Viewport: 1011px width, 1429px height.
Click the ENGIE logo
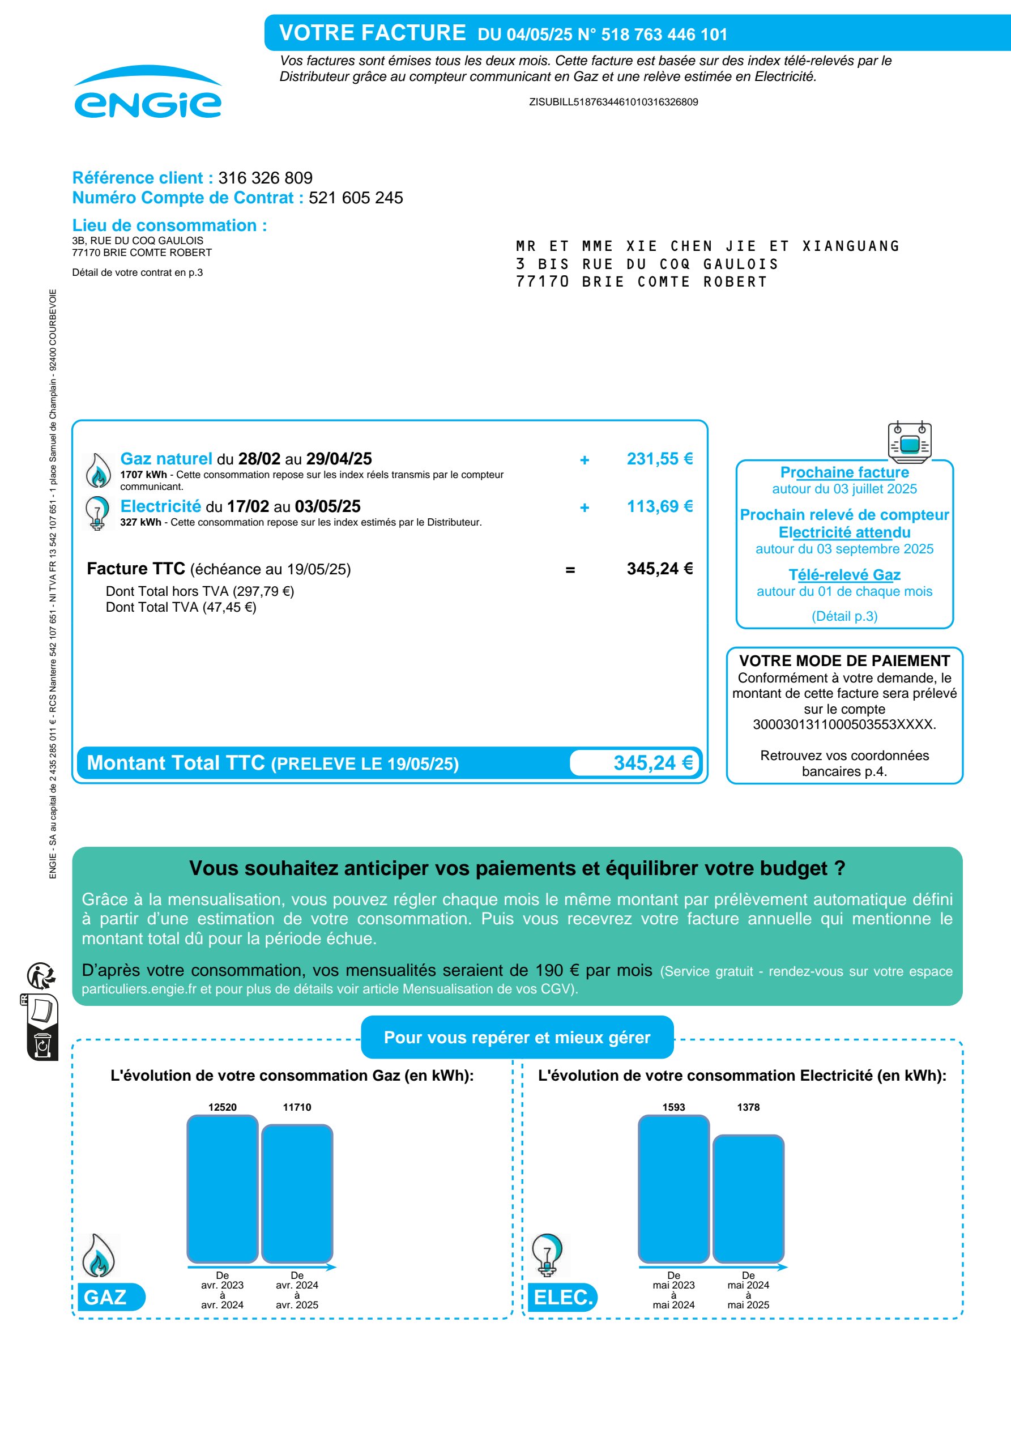point(147,93)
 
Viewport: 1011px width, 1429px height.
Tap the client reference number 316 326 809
point(265,178)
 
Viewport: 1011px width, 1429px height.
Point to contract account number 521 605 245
point(356,198)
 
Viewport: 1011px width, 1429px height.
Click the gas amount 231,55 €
point(659,459)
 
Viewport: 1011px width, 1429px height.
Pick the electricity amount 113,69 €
point(659,506)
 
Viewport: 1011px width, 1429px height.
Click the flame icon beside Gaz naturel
point(98,471)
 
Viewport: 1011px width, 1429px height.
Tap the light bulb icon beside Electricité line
point(97,513)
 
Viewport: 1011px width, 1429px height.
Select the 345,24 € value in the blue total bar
point(652,762)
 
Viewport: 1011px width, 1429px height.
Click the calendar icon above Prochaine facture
point(909,442)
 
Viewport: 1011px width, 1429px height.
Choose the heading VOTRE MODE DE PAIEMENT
point(844,661)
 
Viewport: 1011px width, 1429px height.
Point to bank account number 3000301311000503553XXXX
point(844,724)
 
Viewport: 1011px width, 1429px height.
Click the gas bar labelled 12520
point(222,1189)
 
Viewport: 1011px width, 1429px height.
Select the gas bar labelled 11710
point(297,1193)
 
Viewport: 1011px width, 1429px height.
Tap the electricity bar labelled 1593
point(673,1189)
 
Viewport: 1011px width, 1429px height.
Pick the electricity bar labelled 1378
point(748,1198)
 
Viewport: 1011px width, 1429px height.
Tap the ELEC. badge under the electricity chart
point(562,1297)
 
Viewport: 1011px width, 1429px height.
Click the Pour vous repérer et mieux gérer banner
point(517,1038)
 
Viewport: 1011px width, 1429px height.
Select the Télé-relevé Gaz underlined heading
point(844,575)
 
